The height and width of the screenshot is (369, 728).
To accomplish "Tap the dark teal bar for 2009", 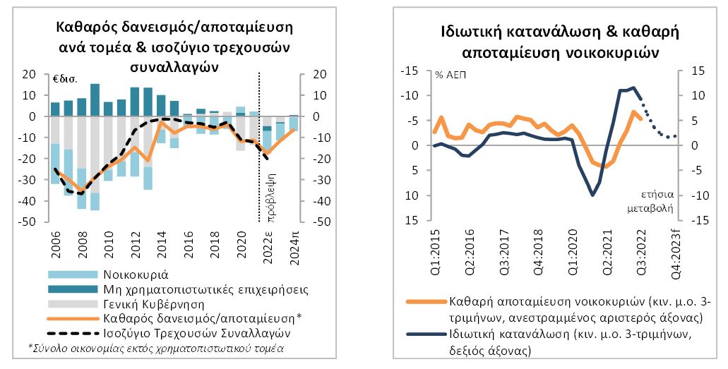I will click(x=95, y=99).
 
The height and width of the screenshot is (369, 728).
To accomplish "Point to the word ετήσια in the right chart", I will click(x=657, y=195).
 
